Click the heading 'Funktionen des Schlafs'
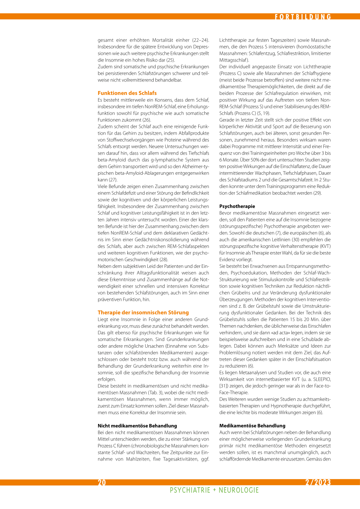127,93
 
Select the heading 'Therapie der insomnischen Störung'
143,313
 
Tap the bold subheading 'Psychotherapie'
237,206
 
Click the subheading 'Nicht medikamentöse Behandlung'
137,426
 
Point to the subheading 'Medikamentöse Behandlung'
252,426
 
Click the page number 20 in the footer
102,483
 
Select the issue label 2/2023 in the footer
318,482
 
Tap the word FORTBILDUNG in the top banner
303,17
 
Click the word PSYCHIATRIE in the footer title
190,490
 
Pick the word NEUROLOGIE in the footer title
239,490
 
